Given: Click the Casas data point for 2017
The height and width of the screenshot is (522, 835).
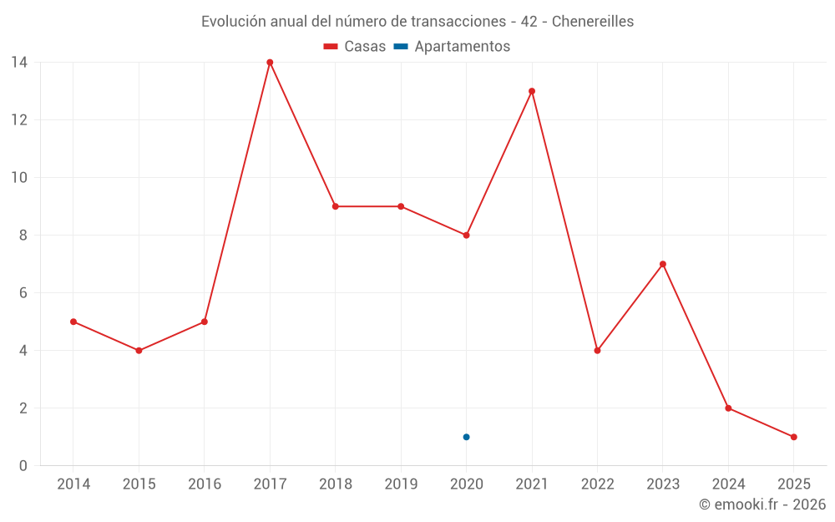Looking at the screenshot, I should coord(270,63).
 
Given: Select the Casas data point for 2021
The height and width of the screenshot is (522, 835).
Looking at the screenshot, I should coord(532,91).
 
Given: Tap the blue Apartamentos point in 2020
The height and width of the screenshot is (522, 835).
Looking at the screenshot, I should coord(466,437).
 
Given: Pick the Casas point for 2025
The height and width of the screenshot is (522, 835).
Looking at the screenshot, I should coord(793,437).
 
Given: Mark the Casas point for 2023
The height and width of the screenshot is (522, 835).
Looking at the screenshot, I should coord(663,264).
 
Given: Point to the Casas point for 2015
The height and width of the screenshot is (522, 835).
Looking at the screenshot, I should coord(139,351).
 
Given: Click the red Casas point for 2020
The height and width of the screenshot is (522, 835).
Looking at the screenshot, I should coord(466,236).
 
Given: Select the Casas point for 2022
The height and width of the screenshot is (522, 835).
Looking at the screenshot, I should coord(597,351).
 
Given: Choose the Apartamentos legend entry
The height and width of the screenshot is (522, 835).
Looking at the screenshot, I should coord(462,47).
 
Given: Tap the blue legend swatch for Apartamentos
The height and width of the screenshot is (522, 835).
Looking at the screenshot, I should coord(401,47).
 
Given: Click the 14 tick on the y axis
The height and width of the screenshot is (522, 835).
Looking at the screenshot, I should coord(19,63).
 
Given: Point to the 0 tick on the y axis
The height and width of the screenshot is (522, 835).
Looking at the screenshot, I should coord(23,466).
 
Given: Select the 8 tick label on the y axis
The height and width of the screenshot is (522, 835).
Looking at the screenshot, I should coord(23,236).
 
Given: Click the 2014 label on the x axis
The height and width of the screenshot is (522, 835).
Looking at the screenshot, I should coord(73,484).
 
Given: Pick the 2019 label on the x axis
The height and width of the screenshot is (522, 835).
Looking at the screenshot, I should coord(401,484).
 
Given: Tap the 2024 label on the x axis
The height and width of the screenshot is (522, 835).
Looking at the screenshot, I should coord(728,484).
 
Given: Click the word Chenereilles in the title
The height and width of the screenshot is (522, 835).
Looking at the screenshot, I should coord(593,22).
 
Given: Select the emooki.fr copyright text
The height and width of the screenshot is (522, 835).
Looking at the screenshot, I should coord(762,504).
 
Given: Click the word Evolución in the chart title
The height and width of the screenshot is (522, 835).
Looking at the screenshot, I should coord(234,22).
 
